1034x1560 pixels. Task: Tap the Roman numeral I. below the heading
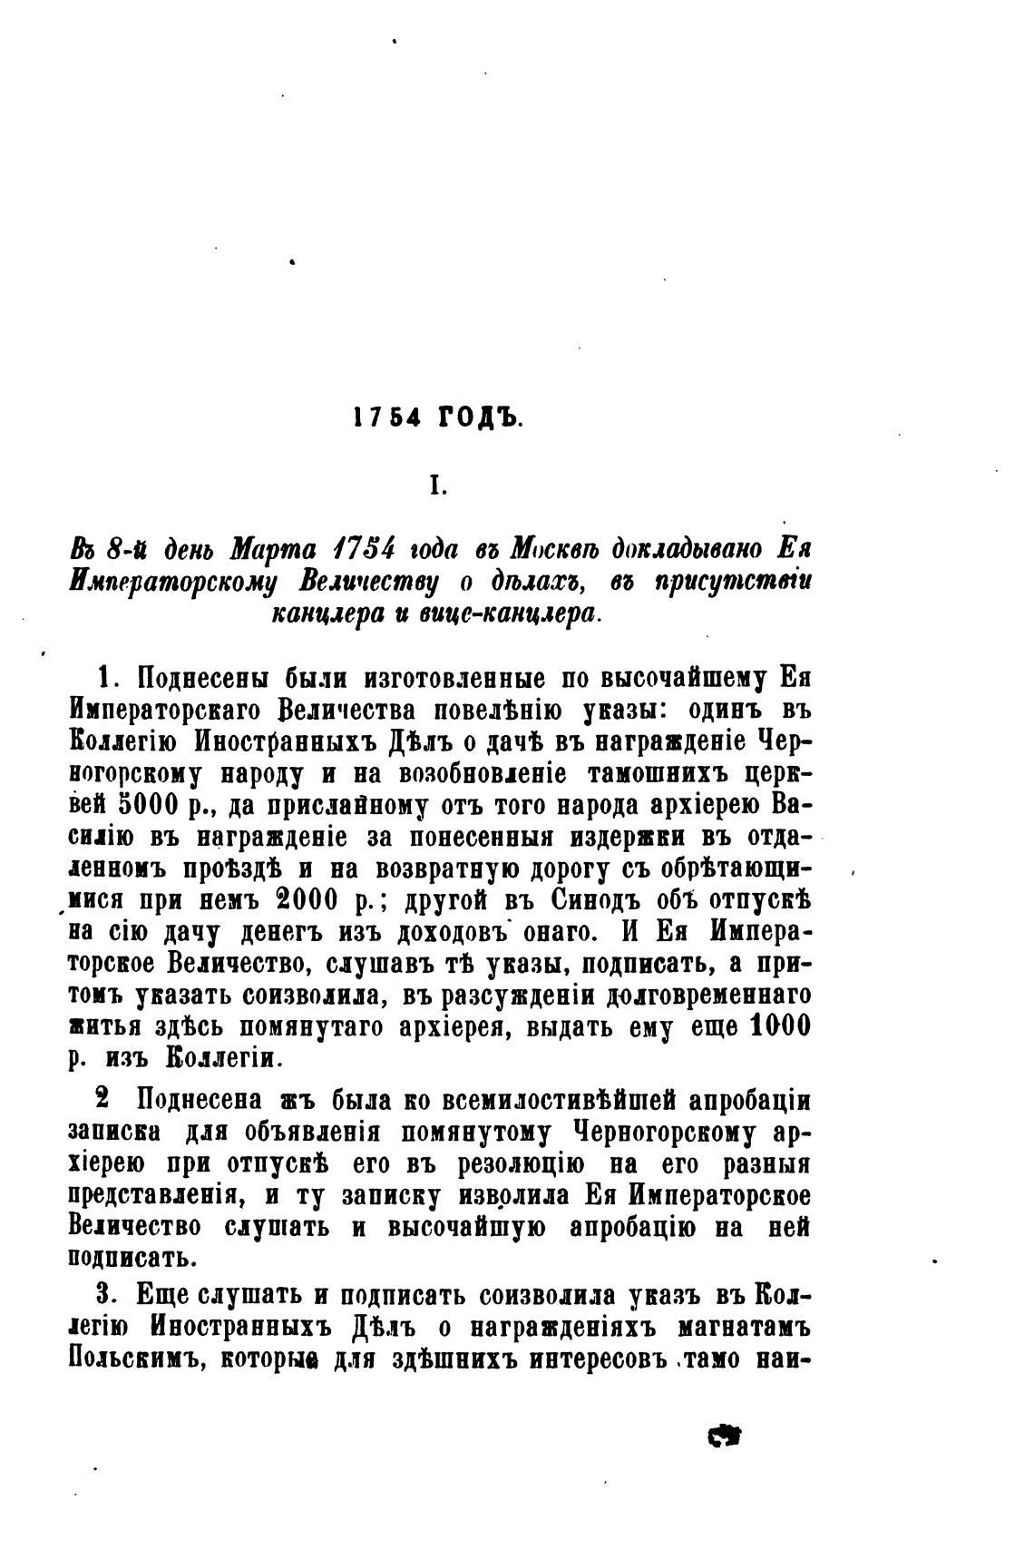438,487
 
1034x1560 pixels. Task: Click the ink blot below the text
724,1435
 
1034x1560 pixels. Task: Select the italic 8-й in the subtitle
127,550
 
